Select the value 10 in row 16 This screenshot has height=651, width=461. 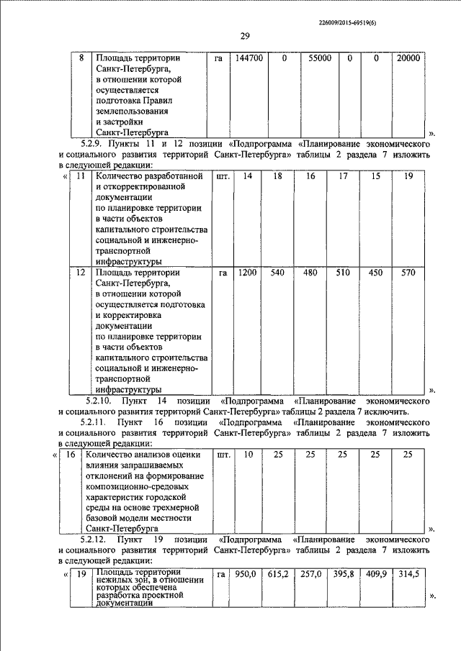[248, 455]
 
